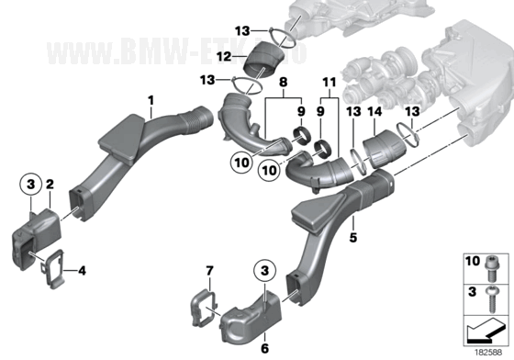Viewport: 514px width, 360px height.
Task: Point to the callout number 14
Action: click(373, 111)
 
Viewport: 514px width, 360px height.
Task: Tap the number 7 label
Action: click(208, 270)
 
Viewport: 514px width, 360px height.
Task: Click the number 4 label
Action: click(82, 271)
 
